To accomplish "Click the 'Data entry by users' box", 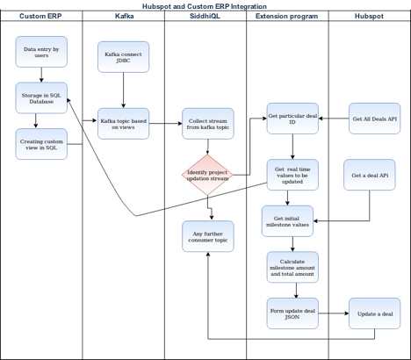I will (x=41, y=53).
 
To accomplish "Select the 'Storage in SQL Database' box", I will (x=41, y=97).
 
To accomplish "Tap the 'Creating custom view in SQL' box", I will (x=41, y=144).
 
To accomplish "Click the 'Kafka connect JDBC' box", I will (x=123, y=58).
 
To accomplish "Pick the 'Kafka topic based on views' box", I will (x=123, y=123).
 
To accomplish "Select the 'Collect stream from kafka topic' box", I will (x=208, y=123).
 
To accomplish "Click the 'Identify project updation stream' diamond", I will (x=208, y=175).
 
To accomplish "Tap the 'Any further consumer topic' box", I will (x=208, y=236).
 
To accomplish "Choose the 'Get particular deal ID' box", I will (x=292, y=119).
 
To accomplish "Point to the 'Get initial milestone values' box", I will (x=287, y=221).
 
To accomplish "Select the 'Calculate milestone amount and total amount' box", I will (x=292, y=267).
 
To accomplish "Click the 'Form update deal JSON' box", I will (x=292, y=313).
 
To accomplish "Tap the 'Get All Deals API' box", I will (x=375, y=119).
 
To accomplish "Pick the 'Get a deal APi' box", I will (x=370, y=175).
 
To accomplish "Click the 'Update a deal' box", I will (x=375, y=313).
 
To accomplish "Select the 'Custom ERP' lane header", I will (x=41, y=17).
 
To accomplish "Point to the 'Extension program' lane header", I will (x=287, y=17).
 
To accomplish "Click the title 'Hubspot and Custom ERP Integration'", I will (x=205, y=5).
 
